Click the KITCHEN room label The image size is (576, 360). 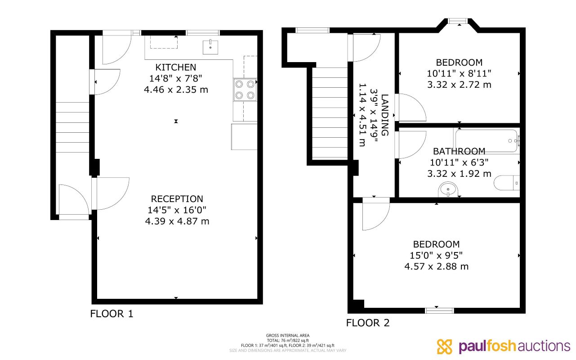(x=176, y=67)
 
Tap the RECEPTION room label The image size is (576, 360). (x=177, y=199)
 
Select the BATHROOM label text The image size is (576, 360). (x=459, y=151)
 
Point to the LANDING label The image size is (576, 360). (x=384, y=115)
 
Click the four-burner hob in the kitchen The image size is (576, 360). (x=245, y=90)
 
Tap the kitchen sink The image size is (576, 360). (x=210, y=47)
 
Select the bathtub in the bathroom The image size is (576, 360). (x=486, y=141)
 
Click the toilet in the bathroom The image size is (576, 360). (x=507, y=183)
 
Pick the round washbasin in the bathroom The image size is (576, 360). (x=448, y=189)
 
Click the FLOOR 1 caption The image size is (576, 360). (x=112, y=314)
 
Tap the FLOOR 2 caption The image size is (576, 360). (x=368, y=323)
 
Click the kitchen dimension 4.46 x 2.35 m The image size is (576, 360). (x=176, y=90)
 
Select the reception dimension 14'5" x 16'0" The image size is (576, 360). (x=177, y=210)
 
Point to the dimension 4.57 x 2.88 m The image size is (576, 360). (x=436, y=266)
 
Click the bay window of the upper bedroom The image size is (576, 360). (x=459, y=21)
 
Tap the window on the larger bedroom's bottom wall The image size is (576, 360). (x=439, y=310)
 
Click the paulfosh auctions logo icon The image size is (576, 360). (x=444, y=346)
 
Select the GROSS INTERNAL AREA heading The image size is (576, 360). (x=287, y=336)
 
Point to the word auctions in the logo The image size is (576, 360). (x=543, y=346)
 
